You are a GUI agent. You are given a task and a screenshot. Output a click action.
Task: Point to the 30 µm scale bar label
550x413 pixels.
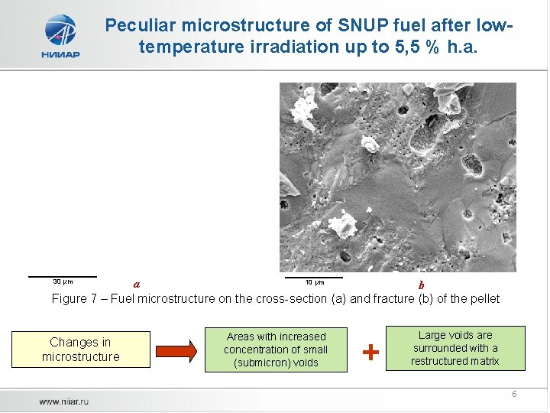pos(62,281)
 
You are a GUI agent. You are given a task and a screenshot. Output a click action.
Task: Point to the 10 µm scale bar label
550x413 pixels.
pos(315,281)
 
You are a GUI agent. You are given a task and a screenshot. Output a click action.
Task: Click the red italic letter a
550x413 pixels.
pos(137,285)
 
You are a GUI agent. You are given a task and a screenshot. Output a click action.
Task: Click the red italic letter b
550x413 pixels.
pos(421,285)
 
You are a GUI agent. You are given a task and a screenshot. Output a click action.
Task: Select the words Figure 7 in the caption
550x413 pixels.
pos(76,299)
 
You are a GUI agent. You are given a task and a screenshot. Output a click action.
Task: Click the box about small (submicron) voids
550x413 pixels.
pos(276,350)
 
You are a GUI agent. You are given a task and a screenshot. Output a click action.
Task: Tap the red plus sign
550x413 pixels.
pos(370,352)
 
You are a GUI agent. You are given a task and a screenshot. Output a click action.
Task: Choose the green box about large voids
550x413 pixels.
pos(455,348)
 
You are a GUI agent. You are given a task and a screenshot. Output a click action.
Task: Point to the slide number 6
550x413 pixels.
pos(514,394)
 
